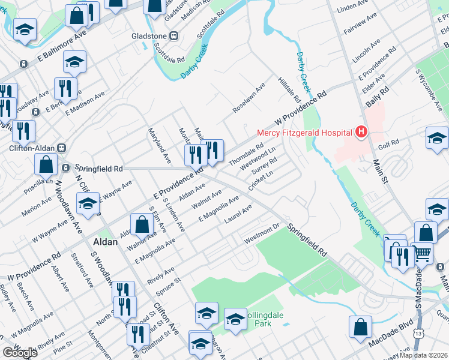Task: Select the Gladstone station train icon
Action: [x=175, y=35]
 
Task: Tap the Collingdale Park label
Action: [x=256, y=319]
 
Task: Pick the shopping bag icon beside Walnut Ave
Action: [x=142, y=226]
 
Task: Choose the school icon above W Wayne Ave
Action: [x=88, y=204]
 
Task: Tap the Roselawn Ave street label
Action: [x=249, y=97]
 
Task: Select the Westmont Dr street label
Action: [x=262, y=234]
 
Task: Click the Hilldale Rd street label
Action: [x=289, y=89]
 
